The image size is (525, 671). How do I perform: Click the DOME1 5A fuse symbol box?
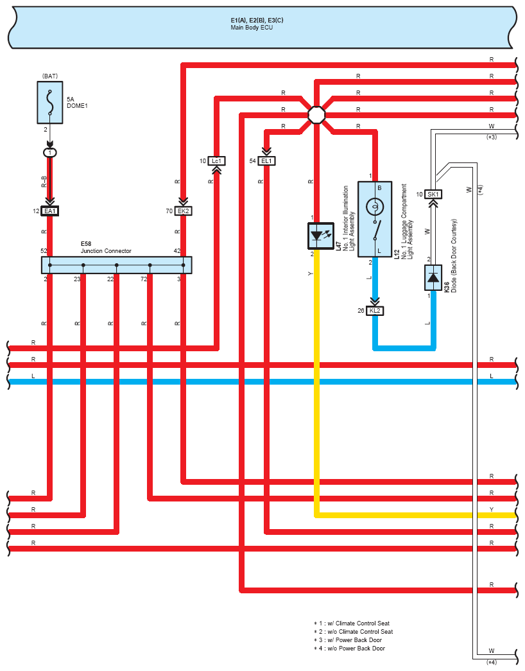50,103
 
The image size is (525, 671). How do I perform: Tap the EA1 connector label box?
50,211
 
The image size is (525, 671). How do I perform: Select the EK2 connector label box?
183,211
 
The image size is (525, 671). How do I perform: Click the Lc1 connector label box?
216,161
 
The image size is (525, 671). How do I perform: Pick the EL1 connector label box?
266,161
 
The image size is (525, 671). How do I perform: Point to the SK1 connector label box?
433,195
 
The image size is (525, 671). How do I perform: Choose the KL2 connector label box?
375,311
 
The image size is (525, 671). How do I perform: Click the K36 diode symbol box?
433,278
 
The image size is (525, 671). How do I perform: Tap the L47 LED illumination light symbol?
321,236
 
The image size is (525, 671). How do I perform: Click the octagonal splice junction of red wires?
316,115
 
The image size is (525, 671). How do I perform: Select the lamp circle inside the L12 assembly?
375,207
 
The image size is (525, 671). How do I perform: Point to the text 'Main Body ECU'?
252,28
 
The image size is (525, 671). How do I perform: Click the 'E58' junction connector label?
86,244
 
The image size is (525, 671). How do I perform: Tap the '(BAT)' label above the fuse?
50,76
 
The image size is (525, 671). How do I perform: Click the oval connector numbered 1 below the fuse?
50,153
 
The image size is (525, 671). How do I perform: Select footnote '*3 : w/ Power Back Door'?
348,640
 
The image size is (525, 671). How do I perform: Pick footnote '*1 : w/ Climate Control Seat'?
352,623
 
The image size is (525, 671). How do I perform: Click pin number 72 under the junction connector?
144,279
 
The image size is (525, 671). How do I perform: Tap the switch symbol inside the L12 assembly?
375,231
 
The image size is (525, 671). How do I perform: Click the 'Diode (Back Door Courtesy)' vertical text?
454,256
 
